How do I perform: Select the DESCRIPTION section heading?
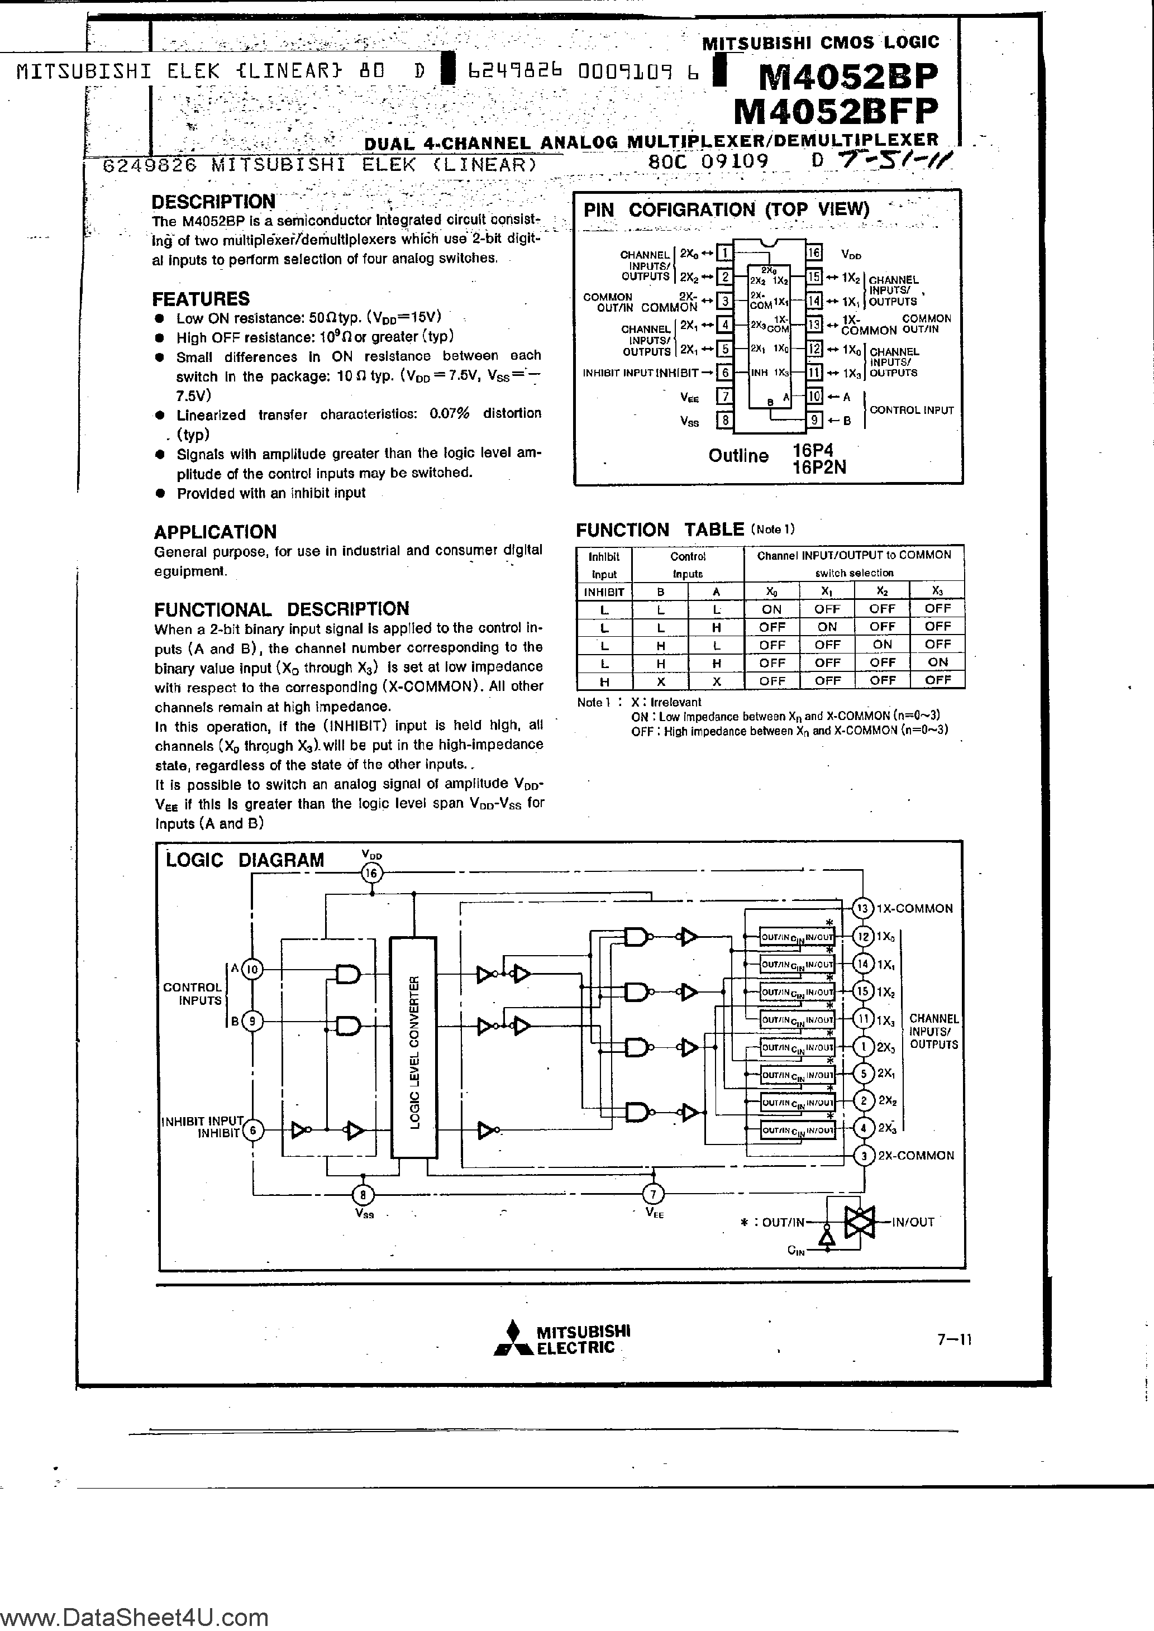click(213, 202)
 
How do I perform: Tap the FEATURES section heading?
click(201, 298)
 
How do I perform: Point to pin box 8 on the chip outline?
click(725, 421)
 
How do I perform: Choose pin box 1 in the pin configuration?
click(725, 254)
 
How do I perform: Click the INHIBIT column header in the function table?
click(604, 592)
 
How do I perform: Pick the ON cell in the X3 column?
click(937, 662)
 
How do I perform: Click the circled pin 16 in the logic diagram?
click(371, 873)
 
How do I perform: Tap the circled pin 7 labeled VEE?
click(653, 1194)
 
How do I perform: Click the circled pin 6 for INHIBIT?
click(254, 1130)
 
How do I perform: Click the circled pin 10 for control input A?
click(254, 970)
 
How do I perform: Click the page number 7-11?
click(953, 1340)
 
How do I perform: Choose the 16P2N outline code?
click(819, 467)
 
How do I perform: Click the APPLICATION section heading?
click(214, 532)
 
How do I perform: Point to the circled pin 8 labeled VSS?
click(363, 1194)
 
